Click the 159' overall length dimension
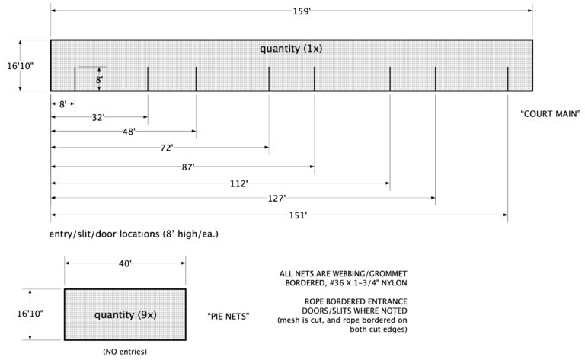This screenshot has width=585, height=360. coord(292,11)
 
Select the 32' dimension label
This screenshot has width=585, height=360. coord(98,118)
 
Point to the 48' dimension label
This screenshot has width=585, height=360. coord(128,132)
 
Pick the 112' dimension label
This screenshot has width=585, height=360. coord(238,183)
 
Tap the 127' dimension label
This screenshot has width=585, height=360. coord(276,198)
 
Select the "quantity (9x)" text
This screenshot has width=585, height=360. coord(124,314)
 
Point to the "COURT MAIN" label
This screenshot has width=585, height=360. coord(551,114)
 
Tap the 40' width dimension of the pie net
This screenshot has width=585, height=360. coord(125,263)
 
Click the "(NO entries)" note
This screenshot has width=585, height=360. coord(125,352)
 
